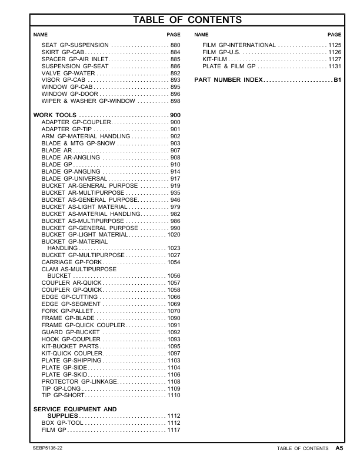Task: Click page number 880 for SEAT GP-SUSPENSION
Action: (175, 45)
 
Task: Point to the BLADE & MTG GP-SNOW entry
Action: (73, 143)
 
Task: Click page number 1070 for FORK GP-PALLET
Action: (174, 311)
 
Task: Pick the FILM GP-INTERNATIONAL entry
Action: (239, 45)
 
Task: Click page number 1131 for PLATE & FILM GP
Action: (335, 66)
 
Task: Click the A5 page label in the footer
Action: (339, 448)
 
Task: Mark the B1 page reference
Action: (337, 79)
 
